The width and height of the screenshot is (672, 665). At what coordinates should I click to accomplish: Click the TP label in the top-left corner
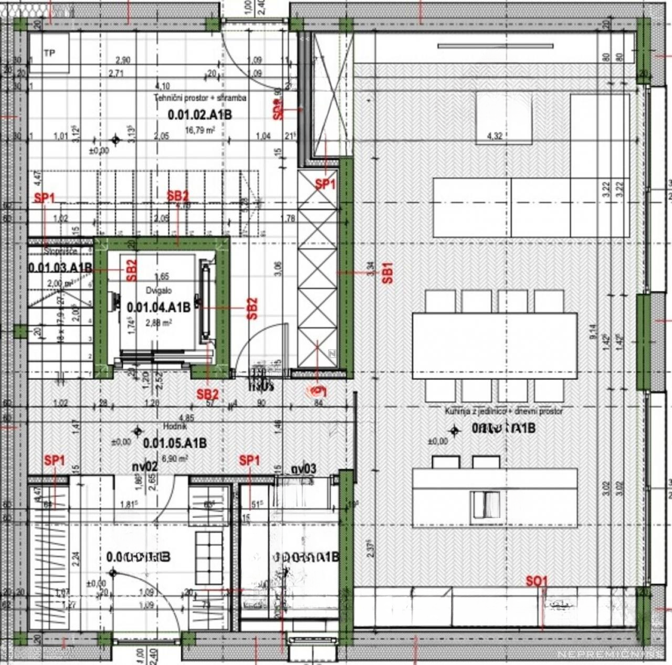49,53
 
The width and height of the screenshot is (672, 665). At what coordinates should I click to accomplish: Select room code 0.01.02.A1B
199,115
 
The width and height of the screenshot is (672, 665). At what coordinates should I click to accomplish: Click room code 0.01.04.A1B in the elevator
159,307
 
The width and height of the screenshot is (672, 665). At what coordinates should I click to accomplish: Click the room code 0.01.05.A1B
175,443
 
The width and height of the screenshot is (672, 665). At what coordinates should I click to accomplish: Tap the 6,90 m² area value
175,458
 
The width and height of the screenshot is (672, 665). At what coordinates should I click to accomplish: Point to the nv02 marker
144,467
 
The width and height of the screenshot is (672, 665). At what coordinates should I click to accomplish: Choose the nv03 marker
303,469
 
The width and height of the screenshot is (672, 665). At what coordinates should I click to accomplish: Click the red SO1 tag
537,581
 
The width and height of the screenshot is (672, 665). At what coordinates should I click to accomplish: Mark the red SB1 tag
388,273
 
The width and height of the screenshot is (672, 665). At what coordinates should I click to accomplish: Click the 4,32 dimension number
495,136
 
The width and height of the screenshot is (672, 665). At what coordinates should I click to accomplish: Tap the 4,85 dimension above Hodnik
186,418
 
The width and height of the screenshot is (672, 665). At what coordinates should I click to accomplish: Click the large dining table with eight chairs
495,346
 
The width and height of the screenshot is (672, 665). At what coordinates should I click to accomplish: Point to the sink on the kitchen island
485,504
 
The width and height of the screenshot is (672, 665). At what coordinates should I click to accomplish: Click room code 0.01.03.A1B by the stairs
60,268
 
